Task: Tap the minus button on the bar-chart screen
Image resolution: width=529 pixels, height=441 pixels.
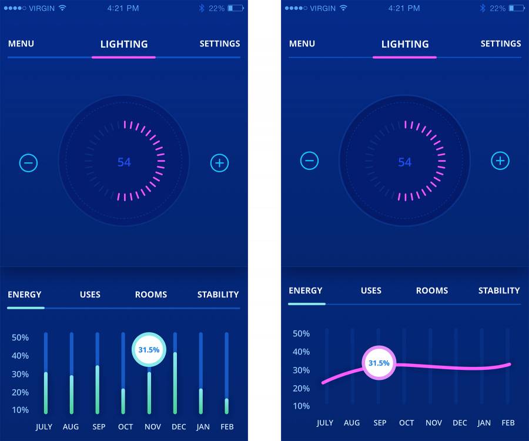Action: pyautogui.click(x=28, y=163)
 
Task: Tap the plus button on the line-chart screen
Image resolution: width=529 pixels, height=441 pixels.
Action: pyautogui.click(x=500, y=161)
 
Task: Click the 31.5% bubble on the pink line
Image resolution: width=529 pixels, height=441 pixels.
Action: pyautogui.click(x=379, y=363)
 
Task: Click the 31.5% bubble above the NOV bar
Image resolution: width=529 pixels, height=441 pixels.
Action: pyautogui.click(x=149, y=350)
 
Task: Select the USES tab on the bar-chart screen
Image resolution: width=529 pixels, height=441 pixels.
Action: pyautogui.click(x=90, y=295)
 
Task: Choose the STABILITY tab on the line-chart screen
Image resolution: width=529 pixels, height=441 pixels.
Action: pyautogui.click(x=499, y=290)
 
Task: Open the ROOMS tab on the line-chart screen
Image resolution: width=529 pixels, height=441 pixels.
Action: pyautogui.click(x=432, y=290)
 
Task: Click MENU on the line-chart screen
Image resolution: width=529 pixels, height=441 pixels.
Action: pyautogui.click(x=302, y=44)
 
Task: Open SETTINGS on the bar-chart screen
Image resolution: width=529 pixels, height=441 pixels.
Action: pyautogui.click(x=220, y=44)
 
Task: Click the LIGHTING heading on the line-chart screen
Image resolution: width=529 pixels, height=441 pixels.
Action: pyautogui.click(x=405, y=44)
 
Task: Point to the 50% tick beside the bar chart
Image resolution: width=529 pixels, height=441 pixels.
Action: pyautogui.click(x=20, y=338)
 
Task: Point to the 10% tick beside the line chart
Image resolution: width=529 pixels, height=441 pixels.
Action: pyautogui.click(x=301, y=406)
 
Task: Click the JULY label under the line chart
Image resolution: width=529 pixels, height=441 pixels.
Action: pyautogui.click(x=325, y=423)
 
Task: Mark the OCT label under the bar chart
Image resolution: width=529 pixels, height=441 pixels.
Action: pyautogui.click(x=125, y=427)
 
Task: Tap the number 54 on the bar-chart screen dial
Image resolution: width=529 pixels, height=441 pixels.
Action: pyautogui.click(x=124, y=162)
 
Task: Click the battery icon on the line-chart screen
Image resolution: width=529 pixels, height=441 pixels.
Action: pyautogui.click(x=517, y=8)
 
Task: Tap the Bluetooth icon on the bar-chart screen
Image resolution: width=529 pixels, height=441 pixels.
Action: pyautogui.click(x=201, y=8)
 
